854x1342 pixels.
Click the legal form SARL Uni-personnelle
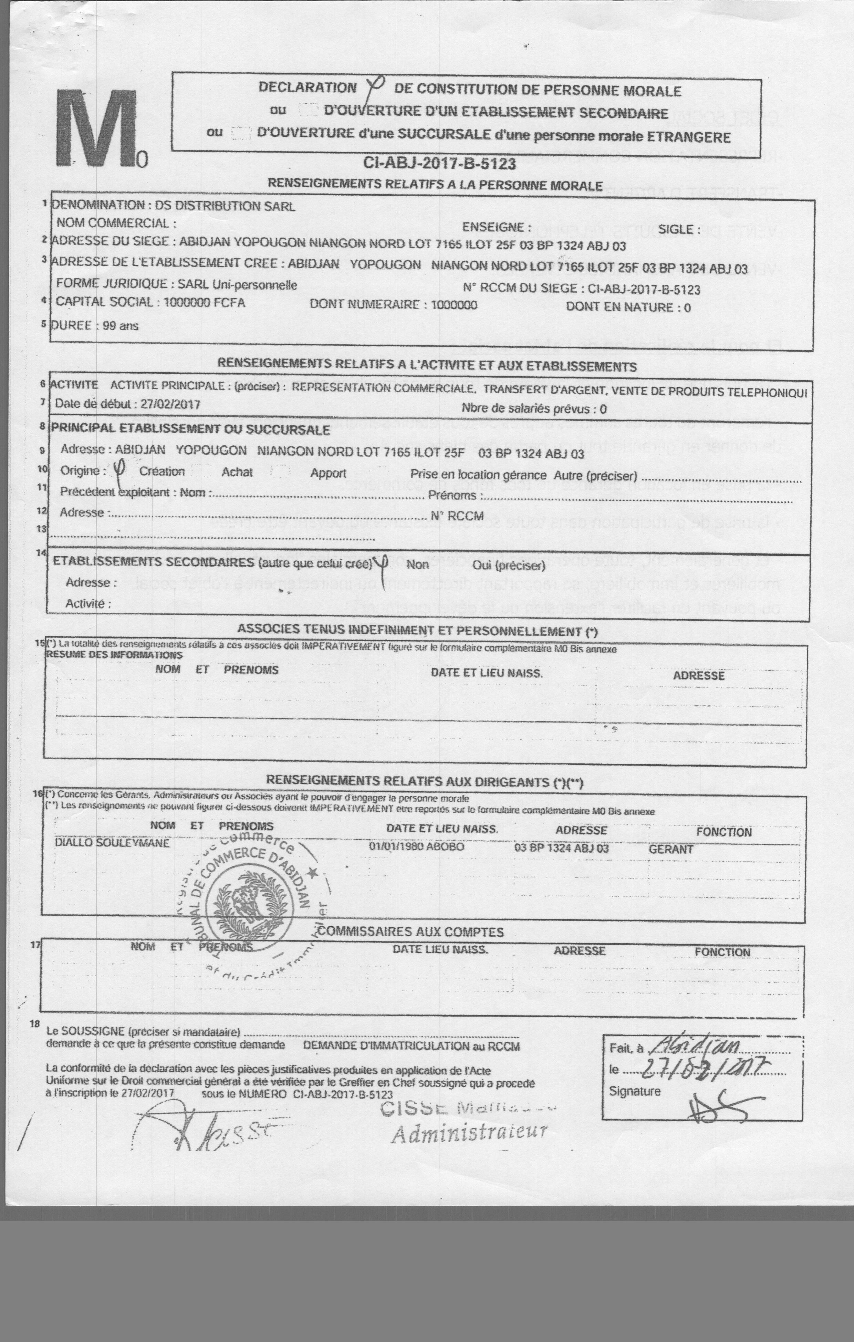click(237, 285)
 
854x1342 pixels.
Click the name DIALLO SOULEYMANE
click(113, 843)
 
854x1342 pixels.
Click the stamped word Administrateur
click(469, 1132)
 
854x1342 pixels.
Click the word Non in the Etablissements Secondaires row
click(417, 564)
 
